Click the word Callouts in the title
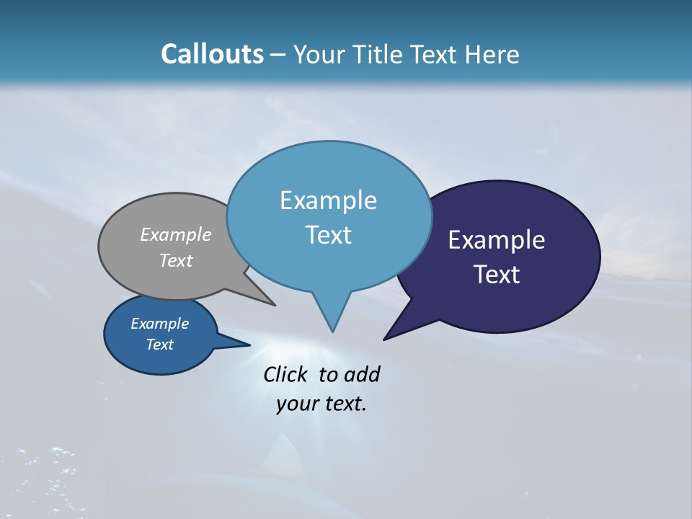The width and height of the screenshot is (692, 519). [x=212, y=54]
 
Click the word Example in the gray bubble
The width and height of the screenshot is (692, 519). [x=176, y=234]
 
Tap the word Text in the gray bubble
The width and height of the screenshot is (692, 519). [x=176, y=260]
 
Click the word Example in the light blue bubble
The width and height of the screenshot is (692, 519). [x=328, y=200]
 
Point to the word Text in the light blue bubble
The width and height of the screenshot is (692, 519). [x=328, y=235]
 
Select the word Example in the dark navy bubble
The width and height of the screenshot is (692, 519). [x=497, y=240]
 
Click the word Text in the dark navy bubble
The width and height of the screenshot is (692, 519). [x=497, y=275]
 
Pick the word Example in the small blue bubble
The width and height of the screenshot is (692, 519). [x=159, y=324]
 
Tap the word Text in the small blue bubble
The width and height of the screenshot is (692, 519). [x=159, y=345]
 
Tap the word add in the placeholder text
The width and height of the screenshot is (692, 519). [x=361, y=374]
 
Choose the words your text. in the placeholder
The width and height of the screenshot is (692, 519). [x=321, y=404]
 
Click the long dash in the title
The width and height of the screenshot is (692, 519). [x=278, y=54]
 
